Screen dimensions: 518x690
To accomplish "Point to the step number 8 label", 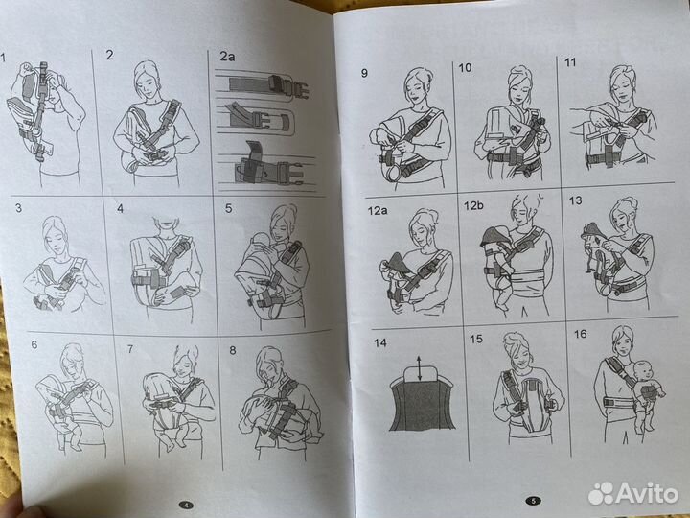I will click(232, 351).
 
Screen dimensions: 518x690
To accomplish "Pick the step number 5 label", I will click(229, 207).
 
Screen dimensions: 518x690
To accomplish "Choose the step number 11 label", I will click(571, 65).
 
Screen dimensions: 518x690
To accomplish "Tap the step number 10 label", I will click(465, 69).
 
